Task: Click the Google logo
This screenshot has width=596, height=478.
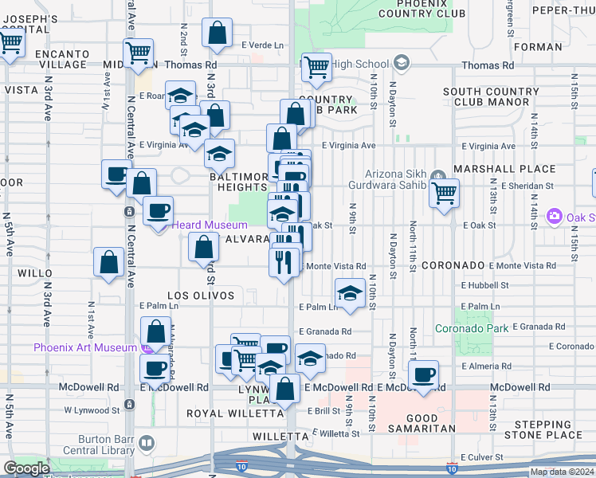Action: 26,468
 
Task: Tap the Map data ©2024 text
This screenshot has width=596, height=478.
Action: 562,472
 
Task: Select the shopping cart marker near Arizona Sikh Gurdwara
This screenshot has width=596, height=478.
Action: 444,192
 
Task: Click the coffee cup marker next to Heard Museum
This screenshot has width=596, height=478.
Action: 157,210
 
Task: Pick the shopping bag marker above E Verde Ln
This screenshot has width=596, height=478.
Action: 218,33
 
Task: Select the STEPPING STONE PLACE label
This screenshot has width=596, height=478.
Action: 547,429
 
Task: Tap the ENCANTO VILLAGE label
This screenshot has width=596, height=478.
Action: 61,60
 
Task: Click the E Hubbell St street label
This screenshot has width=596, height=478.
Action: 484,285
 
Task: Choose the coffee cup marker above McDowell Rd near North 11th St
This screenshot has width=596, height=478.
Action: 424,374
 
